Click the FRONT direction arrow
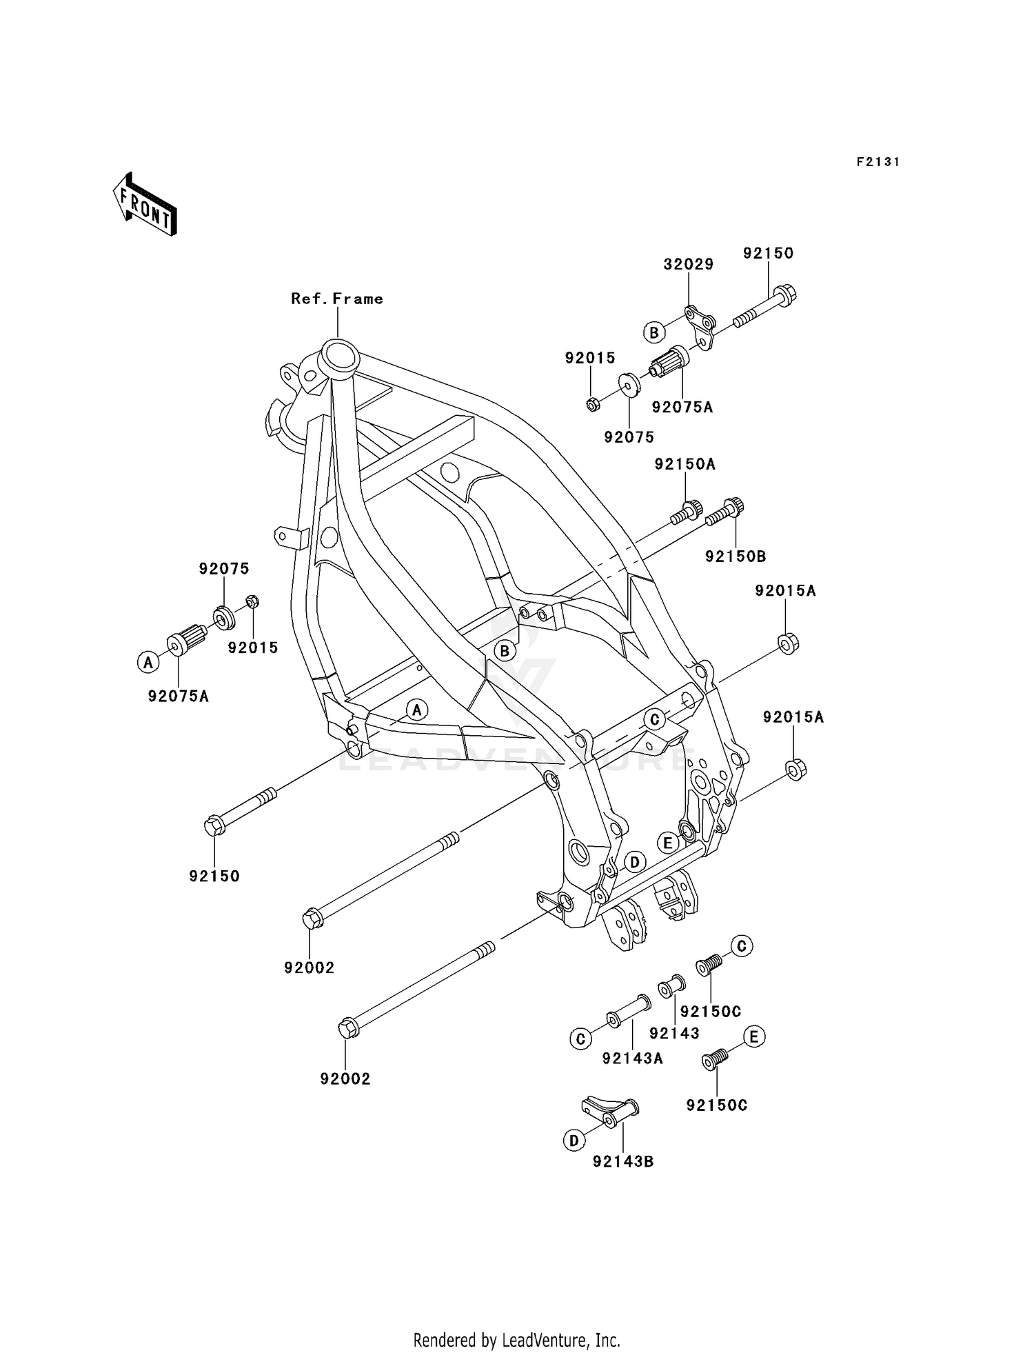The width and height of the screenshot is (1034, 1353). point(145,205)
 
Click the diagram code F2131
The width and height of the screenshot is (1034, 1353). point(878,162)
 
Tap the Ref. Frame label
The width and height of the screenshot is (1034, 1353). point(336,299)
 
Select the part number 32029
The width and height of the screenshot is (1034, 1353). point(688,264)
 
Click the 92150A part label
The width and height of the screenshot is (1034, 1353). point(685,465)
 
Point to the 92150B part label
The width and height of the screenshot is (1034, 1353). point(735,557)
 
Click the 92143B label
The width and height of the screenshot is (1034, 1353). point(623,1162)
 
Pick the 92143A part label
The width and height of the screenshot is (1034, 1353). point(632,1058)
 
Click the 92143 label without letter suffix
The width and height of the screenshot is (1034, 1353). point(674,1033)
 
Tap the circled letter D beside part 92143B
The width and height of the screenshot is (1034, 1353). point(574,1141)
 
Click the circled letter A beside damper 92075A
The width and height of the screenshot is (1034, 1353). point(147,663)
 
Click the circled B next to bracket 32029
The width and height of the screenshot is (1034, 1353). point(653,332)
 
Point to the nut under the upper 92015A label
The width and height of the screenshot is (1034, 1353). point(788,643)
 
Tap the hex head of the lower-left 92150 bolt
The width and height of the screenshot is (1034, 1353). point(214,825)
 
